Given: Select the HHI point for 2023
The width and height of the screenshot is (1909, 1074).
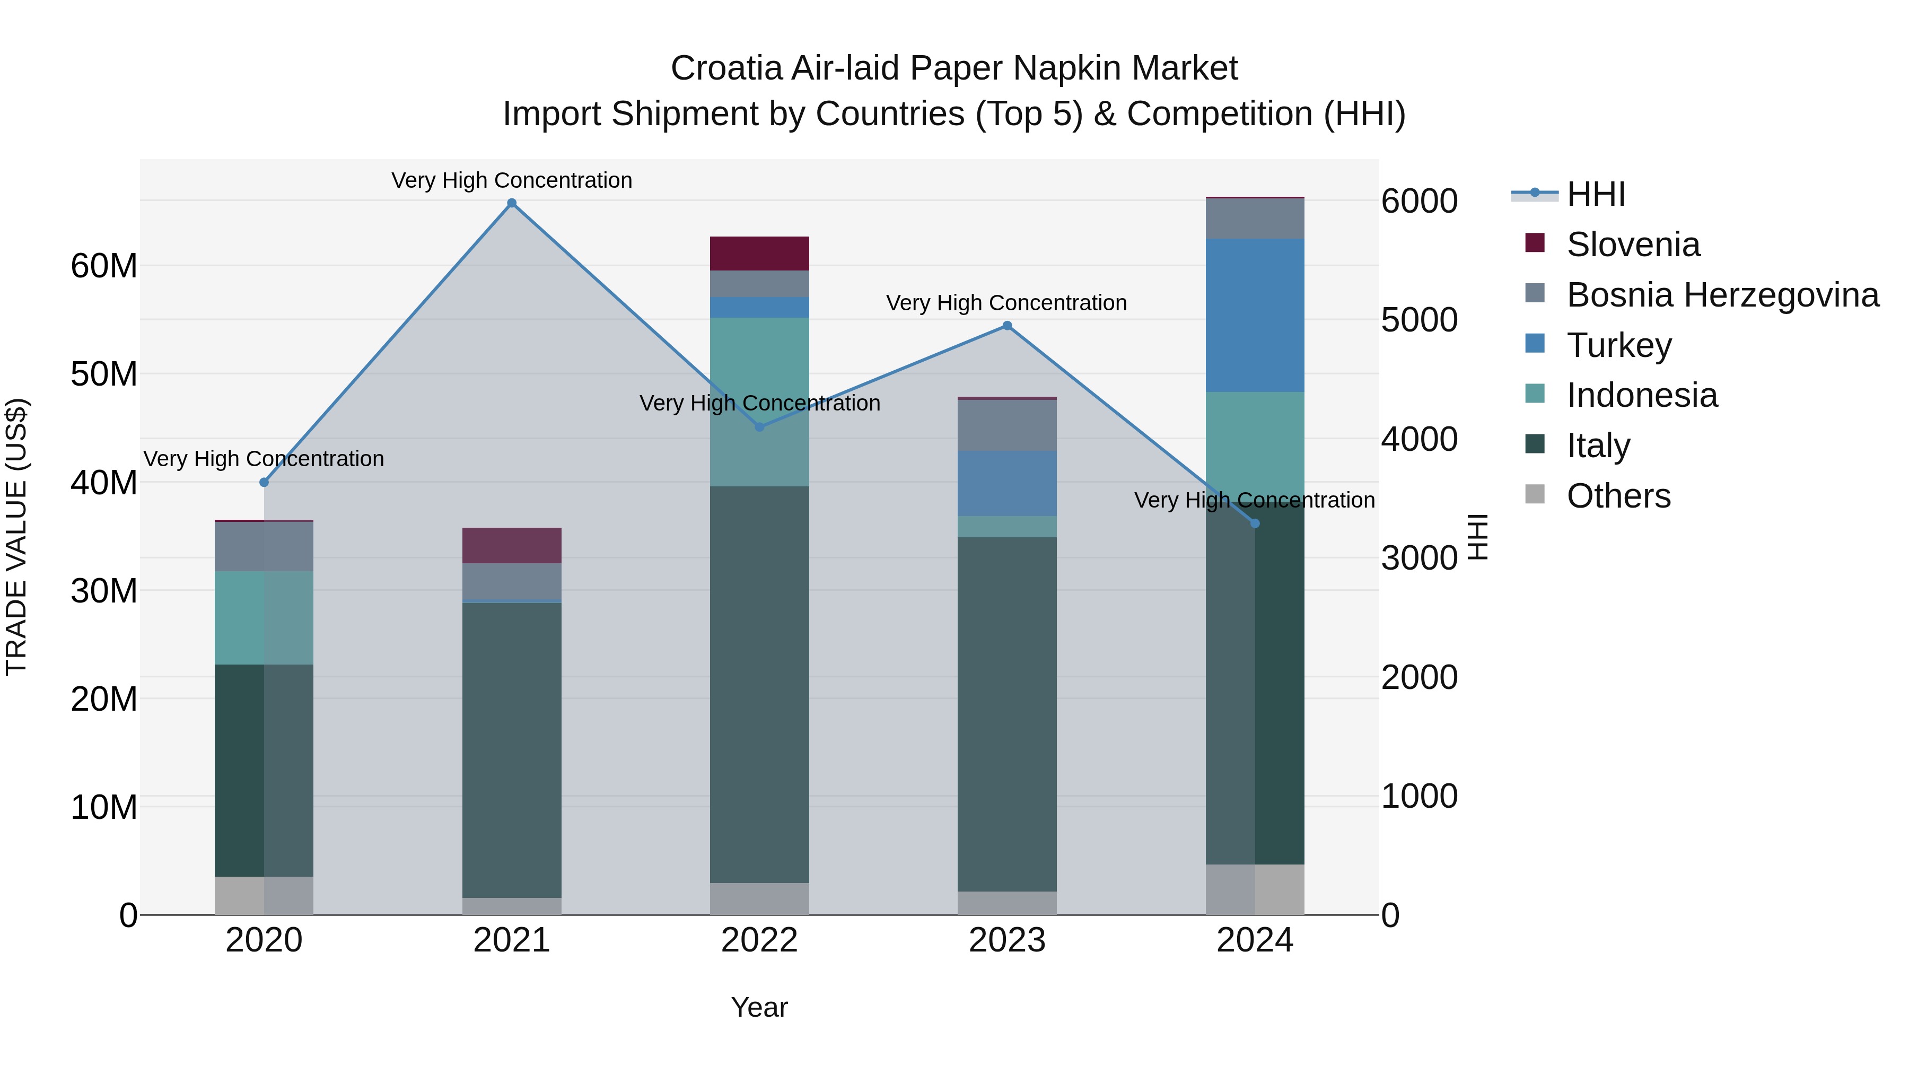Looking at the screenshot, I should pos(1007,326).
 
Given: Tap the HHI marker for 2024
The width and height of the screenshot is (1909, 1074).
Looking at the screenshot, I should pos(1255,523).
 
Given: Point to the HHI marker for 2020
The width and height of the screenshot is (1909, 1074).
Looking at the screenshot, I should pos(264,483).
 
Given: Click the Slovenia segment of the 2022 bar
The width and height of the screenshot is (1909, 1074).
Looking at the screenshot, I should pos(759,254).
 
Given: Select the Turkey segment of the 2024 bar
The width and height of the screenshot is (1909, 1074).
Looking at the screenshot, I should pos(1255,315).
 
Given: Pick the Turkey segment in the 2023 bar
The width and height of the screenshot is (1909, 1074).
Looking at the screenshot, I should pos(1007,483).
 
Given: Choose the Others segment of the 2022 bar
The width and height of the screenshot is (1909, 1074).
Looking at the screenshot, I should pos(759,898).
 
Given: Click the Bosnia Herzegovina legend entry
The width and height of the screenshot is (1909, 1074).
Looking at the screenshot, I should pos(1722,295).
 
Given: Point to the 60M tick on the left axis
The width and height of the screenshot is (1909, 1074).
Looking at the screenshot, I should pos(104,265).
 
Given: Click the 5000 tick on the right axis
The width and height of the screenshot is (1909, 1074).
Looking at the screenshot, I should pos(1419,320).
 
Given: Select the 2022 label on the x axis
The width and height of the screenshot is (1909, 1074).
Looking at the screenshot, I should pos(759,940).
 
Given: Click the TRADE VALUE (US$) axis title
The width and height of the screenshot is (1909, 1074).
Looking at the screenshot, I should pos(16,537).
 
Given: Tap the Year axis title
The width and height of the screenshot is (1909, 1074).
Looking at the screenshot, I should pos(759,1007).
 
